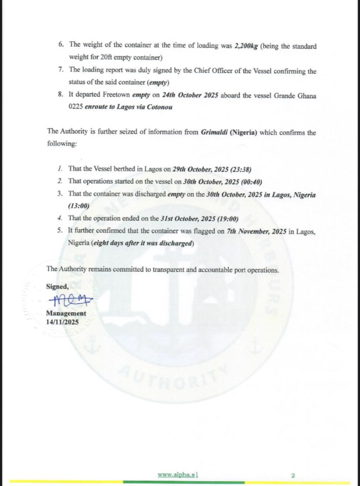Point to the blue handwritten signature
click(70, 300)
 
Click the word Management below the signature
click(66, 313)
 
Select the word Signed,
click(57, 286)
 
